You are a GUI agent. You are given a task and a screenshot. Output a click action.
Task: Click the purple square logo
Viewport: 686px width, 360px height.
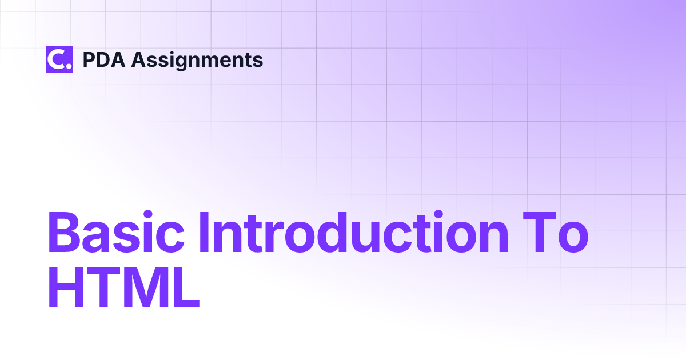59,59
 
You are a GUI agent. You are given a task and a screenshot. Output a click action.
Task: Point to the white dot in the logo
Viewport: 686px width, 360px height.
69,66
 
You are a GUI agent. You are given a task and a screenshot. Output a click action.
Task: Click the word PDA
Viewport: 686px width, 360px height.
104,59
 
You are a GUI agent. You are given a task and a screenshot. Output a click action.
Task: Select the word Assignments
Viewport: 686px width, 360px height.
197,61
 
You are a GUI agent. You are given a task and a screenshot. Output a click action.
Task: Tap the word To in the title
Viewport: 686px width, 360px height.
556,232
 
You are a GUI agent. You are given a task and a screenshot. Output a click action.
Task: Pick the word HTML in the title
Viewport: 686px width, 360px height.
124,287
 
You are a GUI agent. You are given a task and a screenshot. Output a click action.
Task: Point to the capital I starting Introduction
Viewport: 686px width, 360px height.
204,232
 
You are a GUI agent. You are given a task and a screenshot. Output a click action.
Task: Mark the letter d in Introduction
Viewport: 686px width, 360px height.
334,232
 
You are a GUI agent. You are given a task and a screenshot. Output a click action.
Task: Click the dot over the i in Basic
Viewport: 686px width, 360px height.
148,214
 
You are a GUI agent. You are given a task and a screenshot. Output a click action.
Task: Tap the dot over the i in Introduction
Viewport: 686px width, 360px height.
438,214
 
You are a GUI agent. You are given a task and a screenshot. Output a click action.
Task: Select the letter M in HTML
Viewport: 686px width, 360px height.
142,287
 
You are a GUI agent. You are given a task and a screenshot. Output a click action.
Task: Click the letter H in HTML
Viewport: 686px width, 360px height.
66,287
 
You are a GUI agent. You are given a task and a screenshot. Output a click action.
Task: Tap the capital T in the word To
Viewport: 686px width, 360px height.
540,232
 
